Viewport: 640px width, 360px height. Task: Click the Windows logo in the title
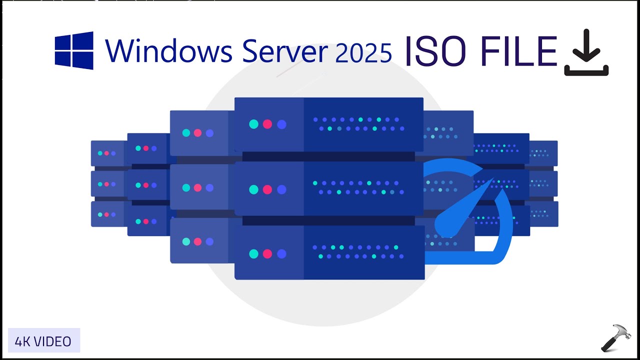coord(74,50)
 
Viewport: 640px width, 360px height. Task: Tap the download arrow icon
coord(586,53)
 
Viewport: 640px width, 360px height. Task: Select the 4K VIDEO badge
coord(43,341)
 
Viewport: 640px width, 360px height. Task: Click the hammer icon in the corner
coord(616,338)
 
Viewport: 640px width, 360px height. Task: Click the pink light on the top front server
coord(267,124)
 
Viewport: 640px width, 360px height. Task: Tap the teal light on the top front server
coord(253,124)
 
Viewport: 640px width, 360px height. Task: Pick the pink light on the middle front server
coord(267,189)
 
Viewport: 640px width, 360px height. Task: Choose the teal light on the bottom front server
coord(253,253)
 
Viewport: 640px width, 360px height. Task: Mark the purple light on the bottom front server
coord(281,253)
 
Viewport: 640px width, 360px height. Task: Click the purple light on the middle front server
coord(281,189)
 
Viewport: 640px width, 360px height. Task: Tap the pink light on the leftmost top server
coord(106,153)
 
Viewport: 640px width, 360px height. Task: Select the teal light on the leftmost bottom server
coord(100,214)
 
